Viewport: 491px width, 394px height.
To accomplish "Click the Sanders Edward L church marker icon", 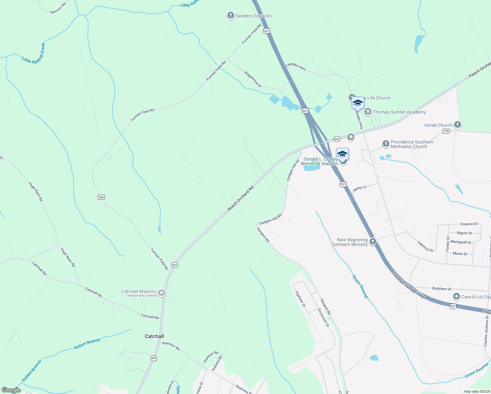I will [x=231, y=15].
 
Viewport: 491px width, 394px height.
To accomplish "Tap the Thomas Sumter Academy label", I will [x=399, y=112].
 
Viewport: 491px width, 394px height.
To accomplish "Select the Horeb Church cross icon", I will [x=458, y=125].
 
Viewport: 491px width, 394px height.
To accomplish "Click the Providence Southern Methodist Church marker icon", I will [x=386, y=144].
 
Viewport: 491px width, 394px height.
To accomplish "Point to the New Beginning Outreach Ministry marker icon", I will [x=373, y=242].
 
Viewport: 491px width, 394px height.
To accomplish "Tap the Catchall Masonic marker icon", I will [x=161, y=293].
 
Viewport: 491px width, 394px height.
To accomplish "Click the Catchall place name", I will [x=154, y=336].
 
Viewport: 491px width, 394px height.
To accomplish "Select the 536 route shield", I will [x=101, y=197].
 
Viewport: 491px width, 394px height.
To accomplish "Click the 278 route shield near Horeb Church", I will [x=446, y=131].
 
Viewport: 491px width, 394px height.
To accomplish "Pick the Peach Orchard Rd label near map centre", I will [x=241, y=198].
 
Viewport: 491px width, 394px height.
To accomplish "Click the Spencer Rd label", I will [x=58, y=8].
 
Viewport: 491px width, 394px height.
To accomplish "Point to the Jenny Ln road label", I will [x=359, y=188].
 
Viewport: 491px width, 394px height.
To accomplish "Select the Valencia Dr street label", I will [x=425, y=246].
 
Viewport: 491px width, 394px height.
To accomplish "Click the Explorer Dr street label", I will [x=300, y=299].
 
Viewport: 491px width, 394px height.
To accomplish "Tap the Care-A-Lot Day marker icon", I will [x=456, y=297].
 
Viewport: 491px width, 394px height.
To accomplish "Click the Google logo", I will [x=11, y=390].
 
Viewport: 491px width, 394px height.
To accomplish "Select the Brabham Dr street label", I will [x=442, y=289].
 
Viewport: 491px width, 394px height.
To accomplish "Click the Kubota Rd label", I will [x=217, y=363].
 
